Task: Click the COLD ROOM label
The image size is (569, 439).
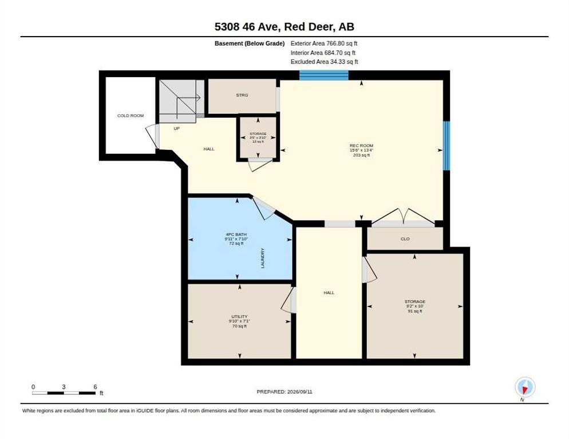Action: click(x=131, y=115)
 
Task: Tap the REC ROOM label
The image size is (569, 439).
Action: click(x=361, y=146)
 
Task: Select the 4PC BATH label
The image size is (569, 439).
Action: click(x=236, y=234)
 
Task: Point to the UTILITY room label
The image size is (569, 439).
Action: click(x=239, y=317)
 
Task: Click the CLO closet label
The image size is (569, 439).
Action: click(x=405, y=239)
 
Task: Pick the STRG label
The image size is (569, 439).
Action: click(x=242, y=95)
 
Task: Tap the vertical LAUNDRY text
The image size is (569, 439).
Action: click(x=263, y=258)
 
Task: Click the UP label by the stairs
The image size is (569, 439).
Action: click(x=177, y=129)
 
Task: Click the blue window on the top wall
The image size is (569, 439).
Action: click(x=323, y=75)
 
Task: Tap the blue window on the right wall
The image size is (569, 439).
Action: click(x=446, y=145)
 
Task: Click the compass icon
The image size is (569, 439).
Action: click(x=525, y=387)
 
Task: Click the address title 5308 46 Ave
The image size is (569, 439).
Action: click(x=246, y=27)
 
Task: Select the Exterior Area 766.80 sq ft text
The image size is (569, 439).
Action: click(x=324, y=43)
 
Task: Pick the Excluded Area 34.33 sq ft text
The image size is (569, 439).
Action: click(x=325, y=62)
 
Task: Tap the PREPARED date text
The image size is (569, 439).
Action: click(x=284, y=392)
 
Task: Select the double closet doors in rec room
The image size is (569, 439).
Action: click(x=403, y=216)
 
